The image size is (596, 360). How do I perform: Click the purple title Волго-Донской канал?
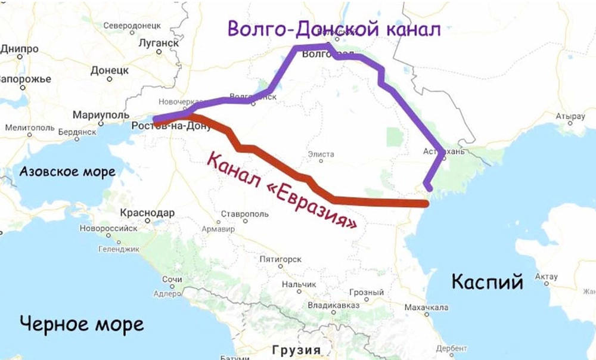(x=334, y=29)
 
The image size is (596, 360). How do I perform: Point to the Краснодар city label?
(x=147, y=213)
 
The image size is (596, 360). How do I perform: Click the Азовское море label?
(x=67, y=172)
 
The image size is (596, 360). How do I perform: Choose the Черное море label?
(x=81, y=324)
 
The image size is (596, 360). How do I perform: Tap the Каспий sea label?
(x=487, y=281)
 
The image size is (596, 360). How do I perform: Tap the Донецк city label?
(x=110, y=70)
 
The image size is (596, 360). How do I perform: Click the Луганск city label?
(x=158, y=43)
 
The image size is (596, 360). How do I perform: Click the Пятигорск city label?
(x=281, y=259)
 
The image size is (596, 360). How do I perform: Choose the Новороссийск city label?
(x=105, y=228)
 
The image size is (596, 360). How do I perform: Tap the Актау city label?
(x=547, y=277)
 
